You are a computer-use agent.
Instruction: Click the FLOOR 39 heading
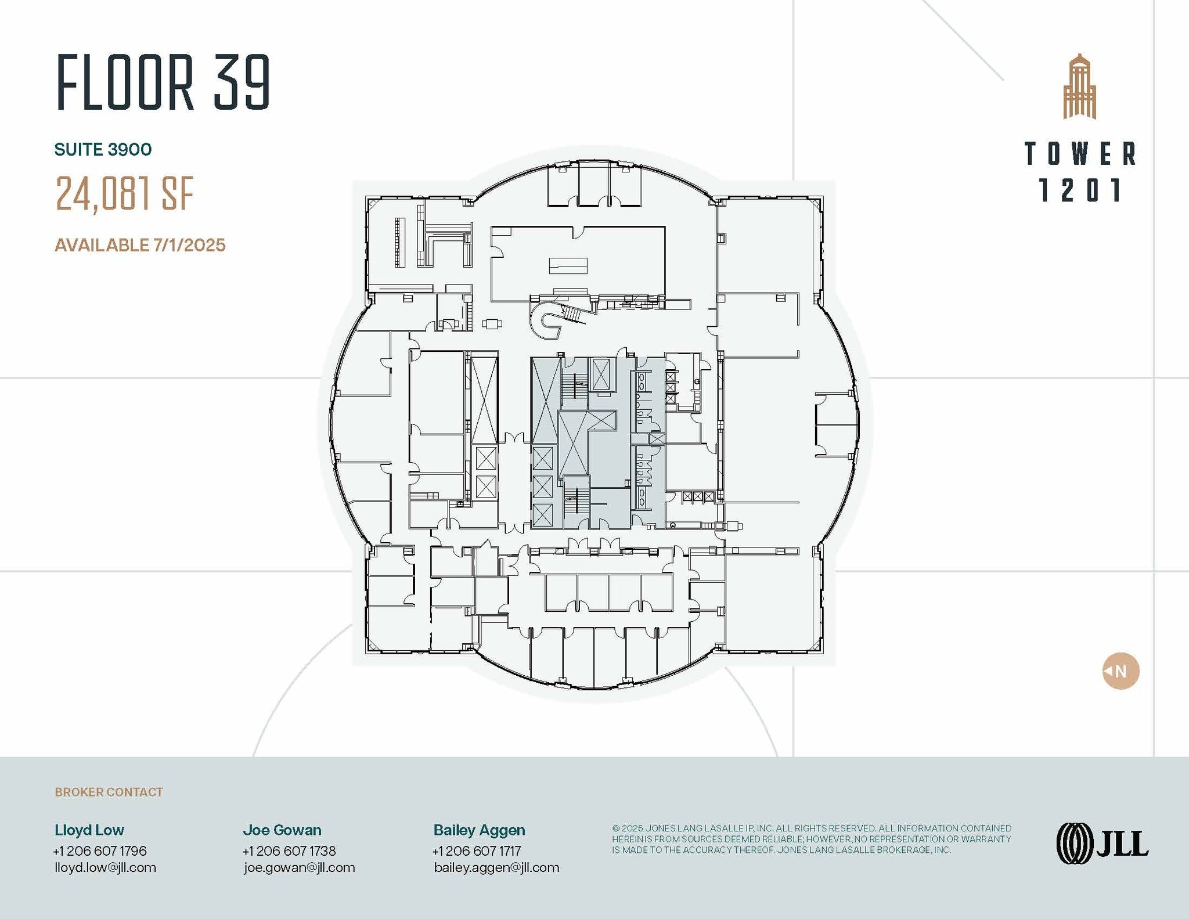163,82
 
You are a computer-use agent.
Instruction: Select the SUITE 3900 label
103,150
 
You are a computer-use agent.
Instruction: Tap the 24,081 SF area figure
124,194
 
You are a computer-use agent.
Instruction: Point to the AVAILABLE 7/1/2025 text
140,245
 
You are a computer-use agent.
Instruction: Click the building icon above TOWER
1079,87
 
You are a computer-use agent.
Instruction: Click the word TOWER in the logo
1080,154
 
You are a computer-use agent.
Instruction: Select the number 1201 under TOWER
1080,190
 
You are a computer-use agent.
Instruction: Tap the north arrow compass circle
1120,671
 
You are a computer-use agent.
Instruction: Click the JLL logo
1102,843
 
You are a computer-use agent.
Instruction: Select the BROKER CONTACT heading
109,792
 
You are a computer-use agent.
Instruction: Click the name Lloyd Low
89,830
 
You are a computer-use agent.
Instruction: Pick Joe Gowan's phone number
289,851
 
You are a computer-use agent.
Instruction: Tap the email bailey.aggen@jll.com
496,868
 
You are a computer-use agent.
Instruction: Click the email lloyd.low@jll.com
105,868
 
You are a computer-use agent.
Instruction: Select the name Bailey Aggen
479,830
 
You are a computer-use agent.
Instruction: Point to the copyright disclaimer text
811,839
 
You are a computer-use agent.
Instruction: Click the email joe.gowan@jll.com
299,868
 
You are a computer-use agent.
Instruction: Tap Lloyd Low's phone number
100,851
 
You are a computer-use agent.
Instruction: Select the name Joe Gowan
282,830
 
